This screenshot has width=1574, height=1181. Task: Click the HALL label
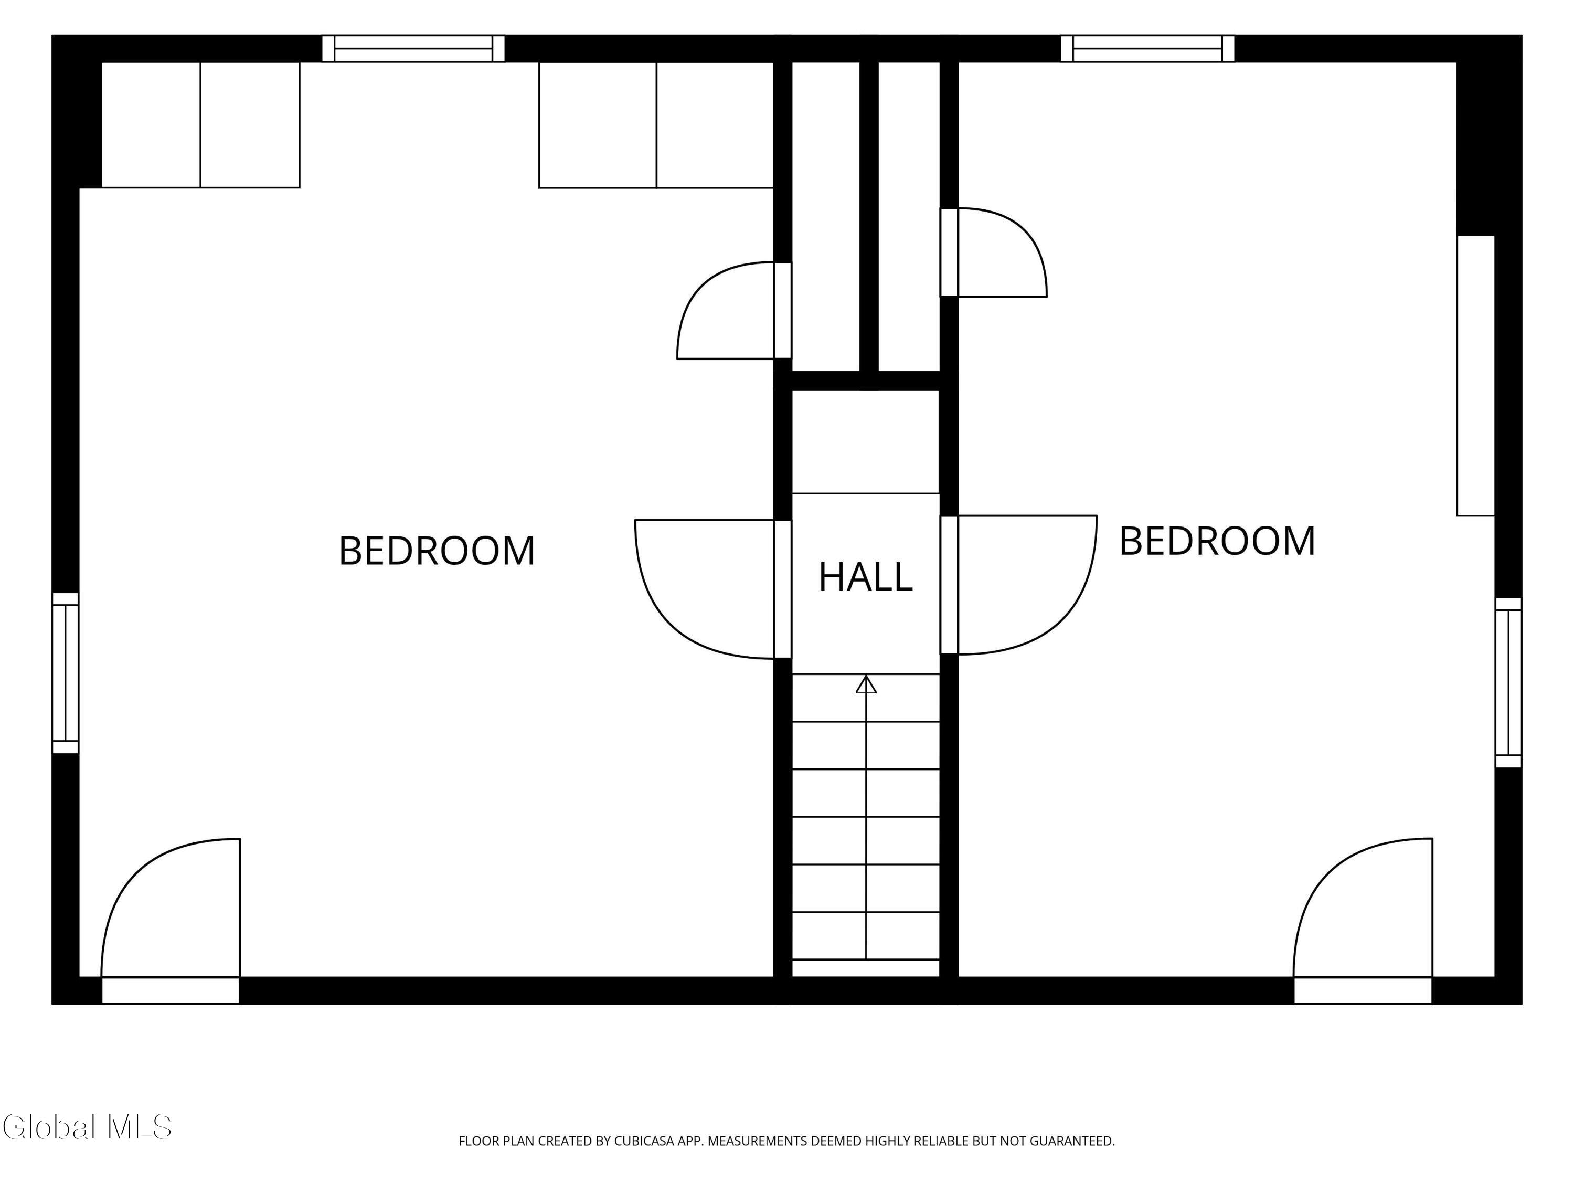click(865, 577)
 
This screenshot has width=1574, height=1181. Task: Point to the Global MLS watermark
click(87, 1127)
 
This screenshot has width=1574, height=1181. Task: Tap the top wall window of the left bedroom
click(413, 48)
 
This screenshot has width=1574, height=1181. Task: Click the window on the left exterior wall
click(66, 673)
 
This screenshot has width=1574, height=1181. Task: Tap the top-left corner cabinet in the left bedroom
click(200, 125)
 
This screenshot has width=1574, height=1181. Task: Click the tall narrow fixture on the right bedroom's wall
click(1476, 375)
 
